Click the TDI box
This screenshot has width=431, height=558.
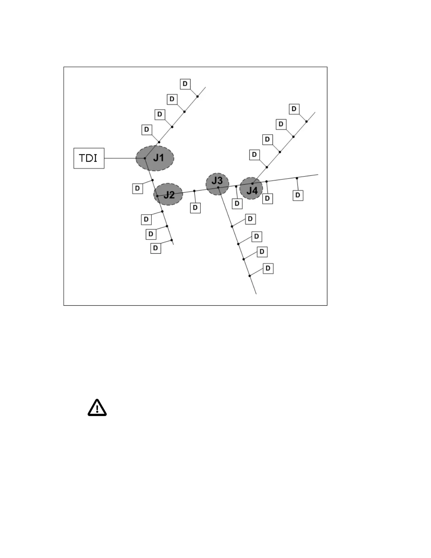(x=89, y=158)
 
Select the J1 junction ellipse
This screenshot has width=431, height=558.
(x=155, y=158)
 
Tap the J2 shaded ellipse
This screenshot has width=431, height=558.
(x=168, y=194)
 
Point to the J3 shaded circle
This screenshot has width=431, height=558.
(x=217, y=183)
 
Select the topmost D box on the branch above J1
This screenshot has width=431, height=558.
(x=185, y=84)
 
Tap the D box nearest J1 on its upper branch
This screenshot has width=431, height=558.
(x=146, y=130)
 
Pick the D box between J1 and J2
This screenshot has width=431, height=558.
(x=137, y=188)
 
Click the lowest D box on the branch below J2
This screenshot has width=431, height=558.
(x=156, y=248)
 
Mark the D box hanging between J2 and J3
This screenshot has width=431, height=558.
(x=195, y=208)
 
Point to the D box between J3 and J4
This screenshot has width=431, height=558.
(x=237, y=204)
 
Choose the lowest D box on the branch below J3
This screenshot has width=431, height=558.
(x=268, y=268)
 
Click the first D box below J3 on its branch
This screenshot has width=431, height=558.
(x=250, y=219)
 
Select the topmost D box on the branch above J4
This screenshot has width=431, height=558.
(x=294, y=109)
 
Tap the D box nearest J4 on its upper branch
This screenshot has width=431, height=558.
(x=254, y=155)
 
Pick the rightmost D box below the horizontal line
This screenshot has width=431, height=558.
(x=298, y=195)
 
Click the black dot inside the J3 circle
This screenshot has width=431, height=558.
(x=218, y=187)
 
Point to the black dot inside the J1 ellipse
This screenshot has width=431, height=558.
(x=145, y=158)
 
